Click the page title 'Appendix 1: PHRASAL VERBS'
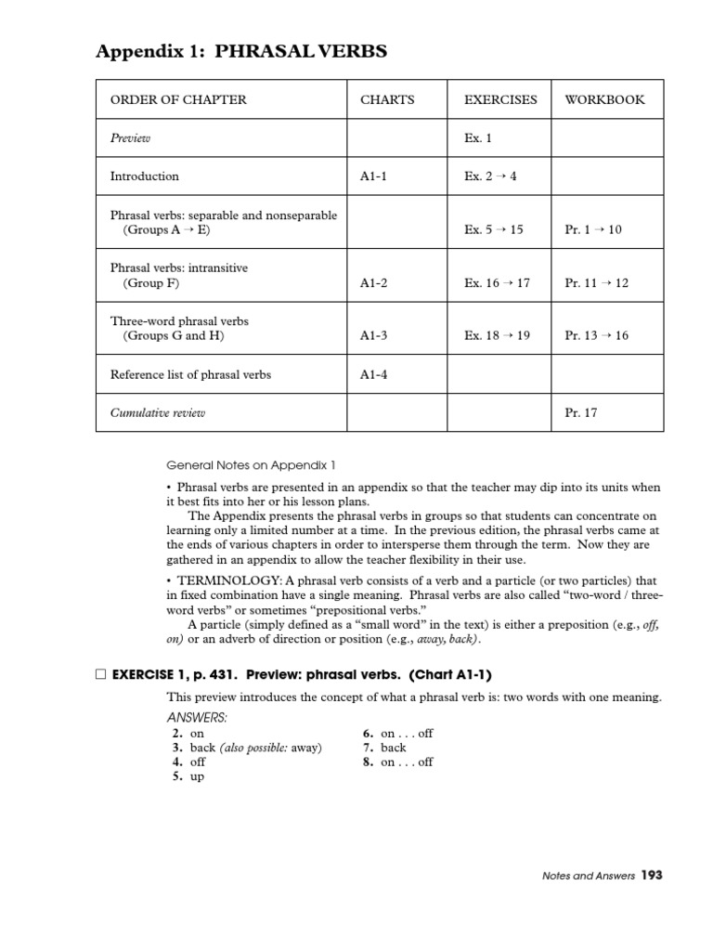[241, 52]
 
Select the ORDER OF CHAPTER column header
[178, 99]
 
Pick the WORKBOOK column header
[603, 99]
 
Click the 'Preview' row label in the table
[130, 137]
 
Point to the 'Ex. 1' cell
[478, 137]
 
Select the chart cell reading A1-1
[373, 176]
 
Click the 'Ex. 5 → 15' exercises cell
[494, 229]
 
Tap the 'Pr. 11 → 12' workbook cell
[596, 282]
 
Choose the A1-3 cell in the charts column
[373, 335]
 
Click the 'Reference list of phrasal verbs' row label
[190, 374]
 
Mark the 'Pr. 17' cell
[580, 412]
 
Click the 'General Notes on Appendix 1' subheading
[239, 464]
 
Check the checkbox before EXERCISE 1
[100, 674]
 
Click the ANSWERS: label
[196, 717]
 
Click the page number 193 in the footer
[651, 874]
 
